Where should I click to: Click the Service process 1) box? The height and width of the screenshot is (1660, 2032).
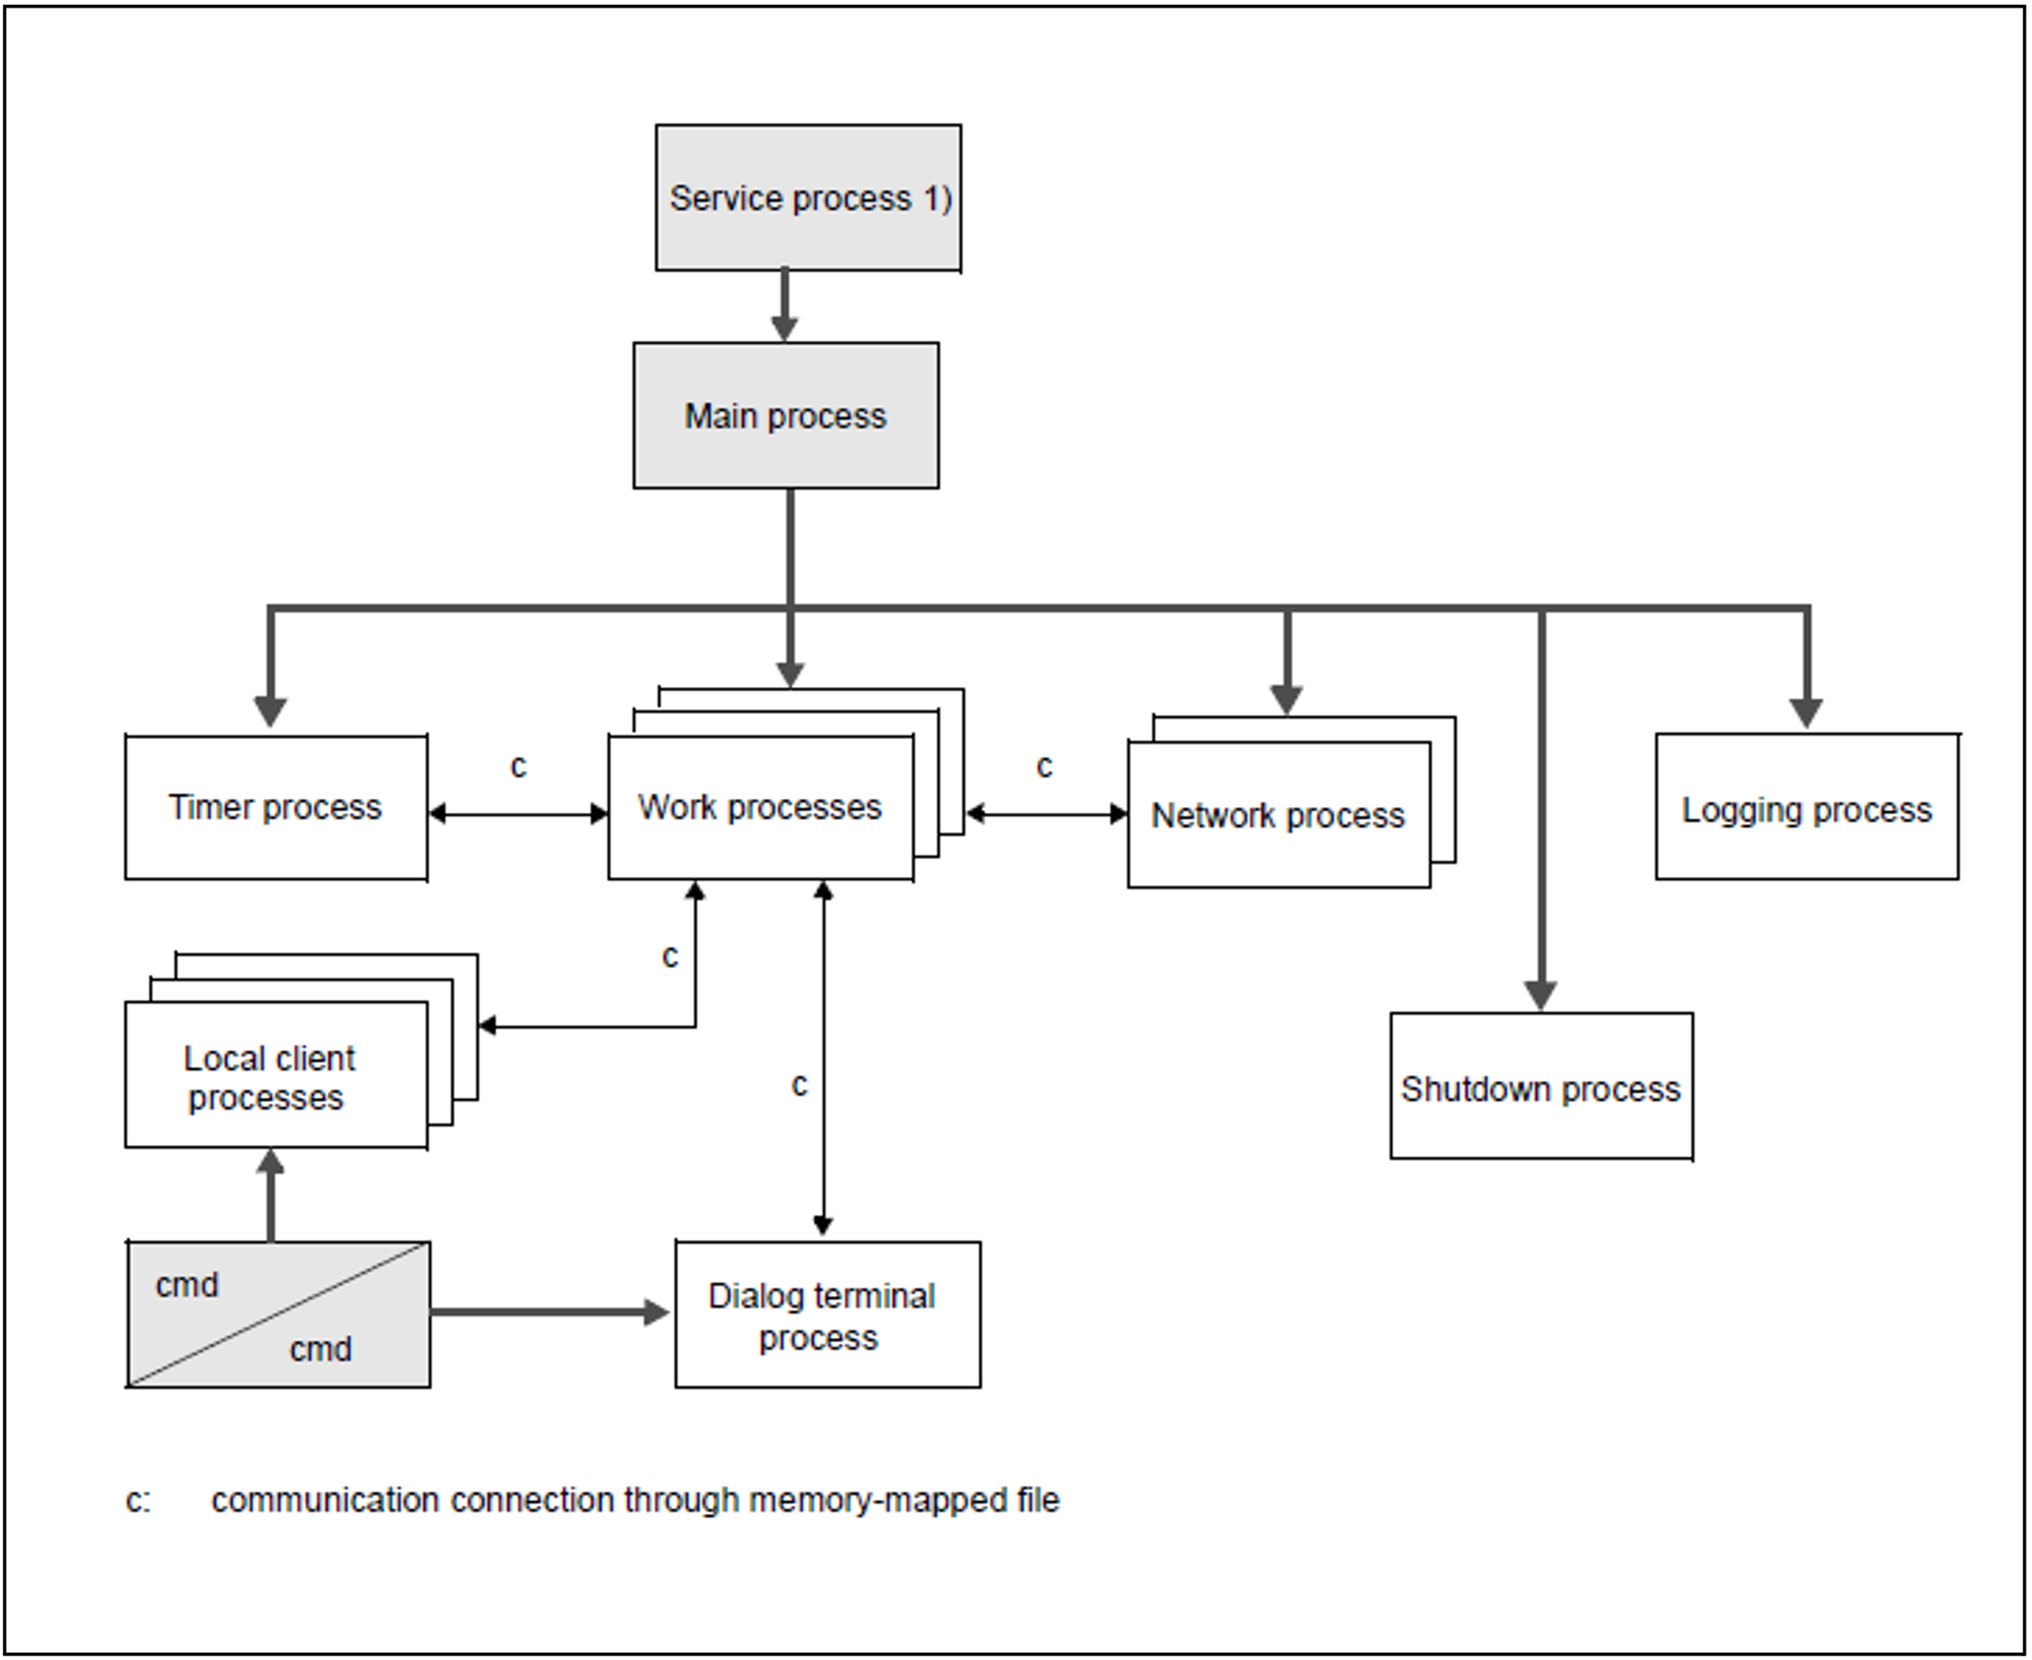(808, 198)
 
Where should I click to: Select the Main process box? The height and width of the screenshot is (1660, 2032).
(786, 416)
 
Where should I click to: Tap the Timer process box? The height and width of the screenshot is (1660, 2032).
(277, 808)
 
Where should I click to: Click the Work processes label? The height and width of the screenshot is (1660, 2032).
(759, 808)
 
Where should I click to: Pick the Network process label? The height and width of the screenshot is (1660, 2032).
(1278, 816)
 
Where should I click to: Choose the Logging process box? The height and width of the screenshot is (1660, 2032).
(1808, 806)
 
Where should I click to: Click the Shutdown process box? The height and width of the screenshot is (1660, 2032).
(1541, 1086)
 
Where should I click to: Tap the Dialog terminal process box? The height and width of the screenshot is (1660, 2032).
(828, 1315)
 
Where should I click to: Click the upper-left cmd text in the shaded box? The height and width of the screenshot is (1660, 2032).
(186, 1285)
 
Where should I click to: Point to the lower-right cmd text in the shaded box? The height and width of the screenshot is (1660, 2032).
(320, 1349)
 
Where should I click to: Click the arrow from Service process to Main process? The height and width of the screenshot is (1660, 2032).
(785, 305)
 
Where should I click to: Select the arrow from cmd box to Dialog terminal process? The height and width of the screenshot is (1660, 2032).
(549, 1312)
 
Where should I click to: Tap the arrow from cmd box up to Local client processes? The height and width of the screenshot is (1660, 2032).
(272, 1195)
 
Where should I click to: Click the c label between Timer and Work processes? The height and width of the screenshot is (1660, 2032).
(519, 766)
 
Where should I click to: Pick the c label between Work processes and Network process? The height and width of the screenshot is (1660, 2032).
(1044, 766)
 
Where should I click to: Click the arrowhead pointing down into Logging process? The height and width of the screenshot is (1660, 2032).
(1806, 713)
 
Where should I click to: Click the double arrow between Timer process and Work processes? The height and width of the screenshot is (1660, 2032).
(519, 815)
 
